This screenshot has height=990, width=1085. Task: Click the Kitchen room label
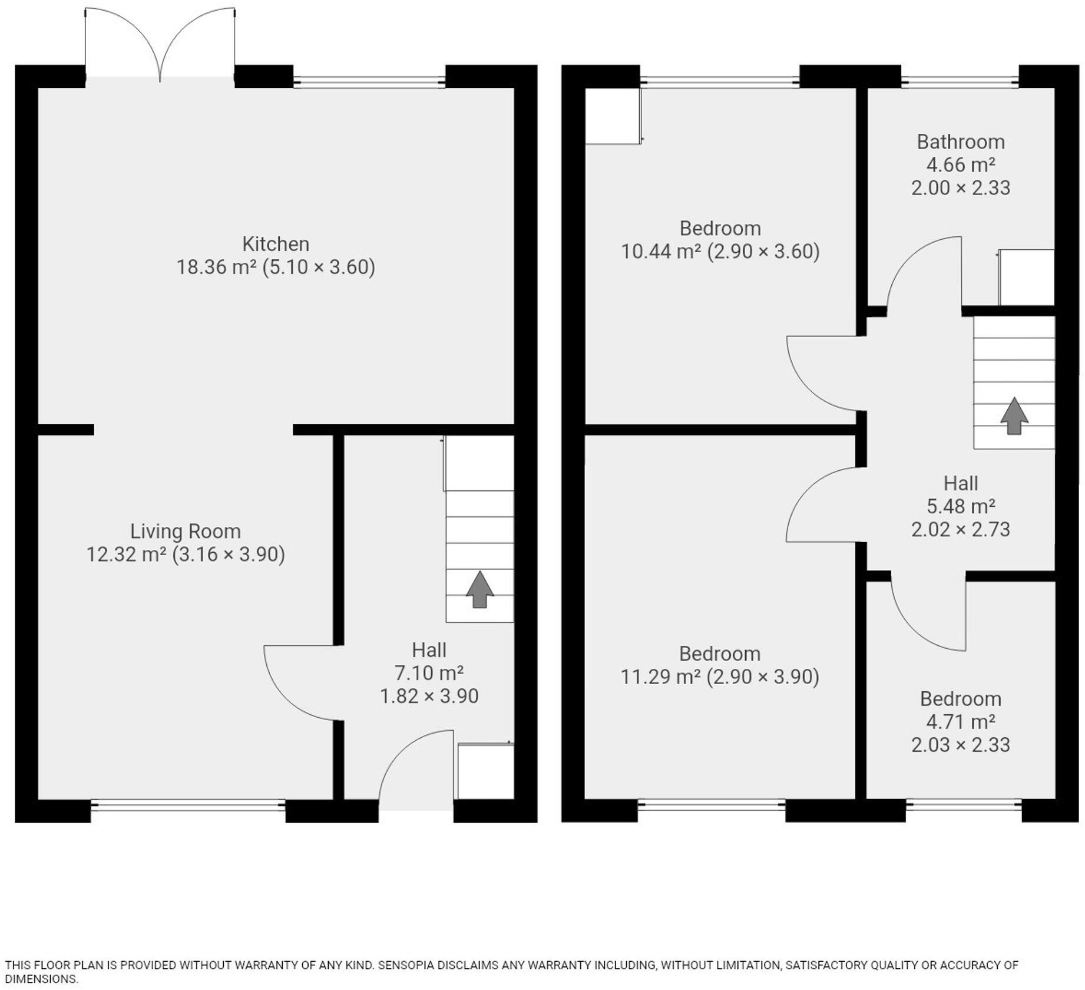pos(275,244)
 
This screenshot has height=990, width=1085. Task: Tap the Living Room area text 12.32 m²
pos(126,555)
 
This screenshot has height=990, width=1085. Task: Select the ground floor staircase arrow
pos(479,589)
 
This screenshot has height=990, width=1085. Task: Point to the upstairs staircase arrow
pos(1014,416)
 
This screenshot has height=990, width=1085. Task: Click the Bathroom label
pos(960,142)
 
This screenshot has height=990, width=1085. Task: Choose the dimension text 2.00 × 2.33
pos(960,188)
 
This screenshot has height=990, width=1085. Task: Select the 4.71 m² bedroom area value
pos(960,722)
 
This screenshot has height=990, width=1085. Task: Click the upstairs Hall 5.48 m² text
pos(960,506)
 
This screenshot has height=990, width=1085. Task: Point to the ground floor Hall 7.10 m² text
pos(428,673)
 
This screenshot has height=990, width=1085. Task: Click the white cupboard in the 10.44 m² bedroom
pos(613,116)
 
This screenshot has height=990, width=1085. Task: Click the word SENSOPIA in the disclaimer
pos(406,965)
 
